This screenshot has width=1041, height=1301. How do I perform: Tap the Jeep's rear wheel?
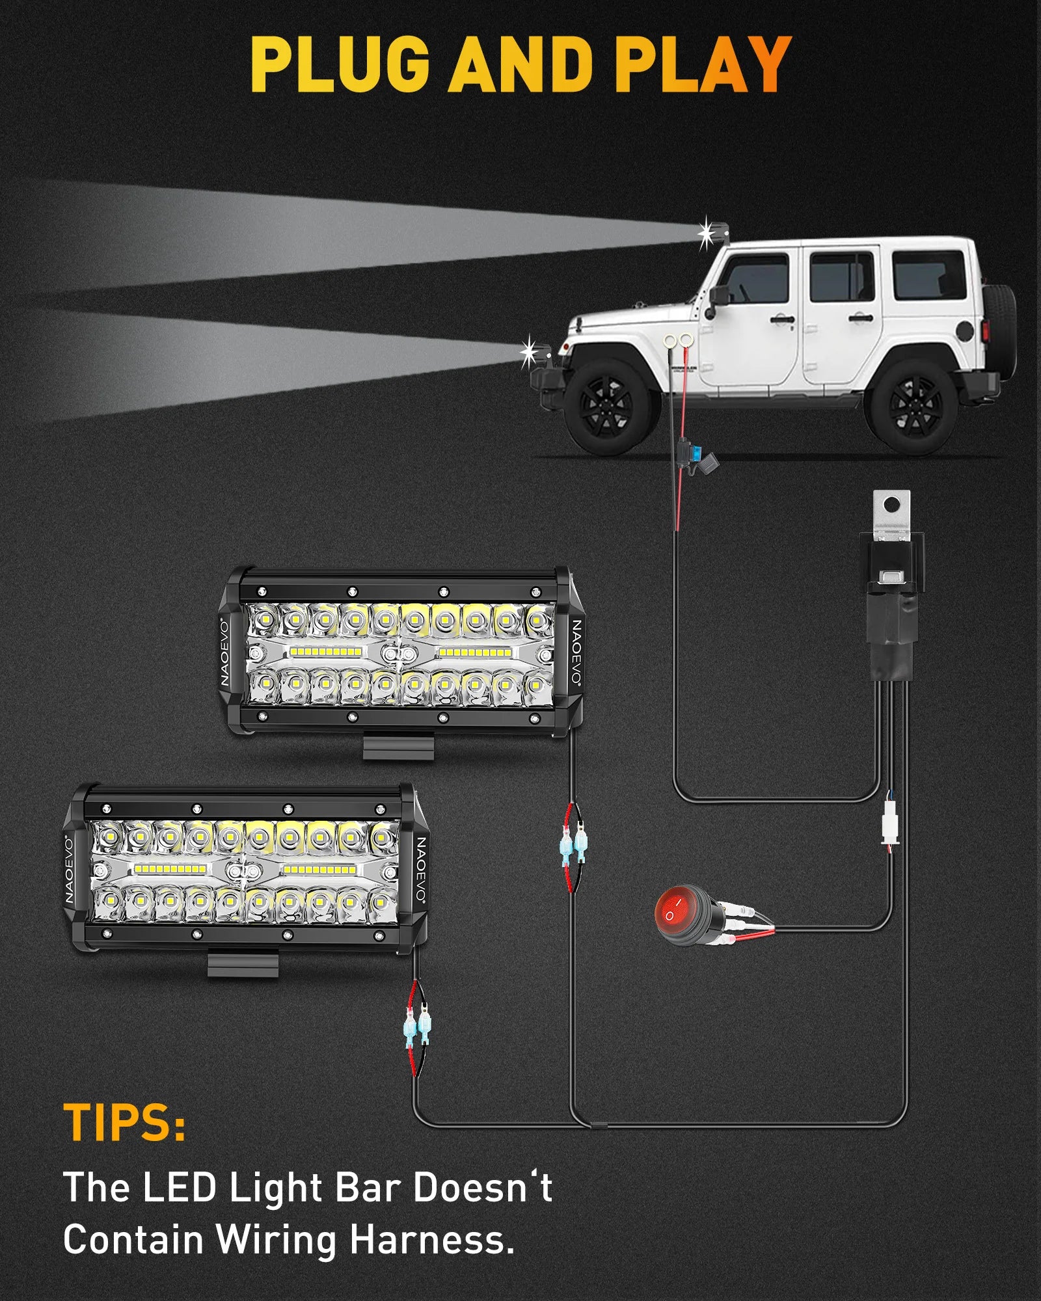click(x=914, y=407)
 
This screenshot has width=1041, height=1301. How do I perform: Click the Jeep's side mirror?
click(x=718, y=295)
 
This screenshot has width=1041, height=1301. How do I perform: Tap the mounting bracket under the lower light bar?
click(x=243, y=963)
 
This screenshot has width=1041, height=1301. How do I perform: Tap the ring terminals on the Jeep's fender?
click(x=677, y=340)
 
